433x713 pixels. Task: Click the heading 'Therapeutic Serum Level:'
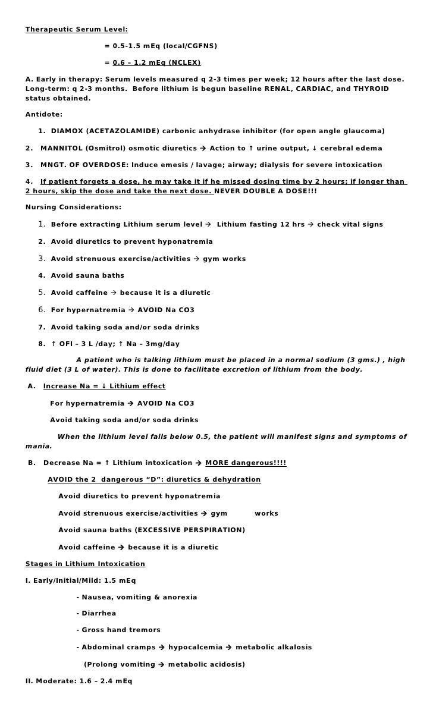pyautogui.click(x=76, y=29)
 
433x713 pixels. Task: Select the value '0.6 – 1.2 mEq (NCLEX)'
pyautogui.click(x=156, y=62)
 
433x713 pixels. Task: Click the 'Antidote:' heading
pyautogui.click(x=43, y=114)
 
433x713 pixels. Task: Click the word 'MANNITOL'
pyautogui.click(x=59, y=148)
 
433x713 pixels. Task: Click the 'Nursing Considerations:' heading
pyautogui.click(x=73, y=207)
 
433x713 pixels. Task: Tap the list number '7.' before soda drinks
pyautogui.click(x=42, y=327)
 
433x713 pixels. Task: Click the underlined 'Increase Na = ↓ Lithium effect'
pyautogui.click(x=104, y=386)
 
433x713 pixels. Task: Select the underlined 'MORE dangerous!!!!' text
pyautogui.click(x=246, y=463)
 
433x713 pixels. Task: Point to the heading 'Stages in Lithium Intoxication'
pyautogui.click(x=85, y=564)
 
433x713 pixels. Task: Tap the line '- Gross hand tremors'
pyautogui.click(x=118, y=630)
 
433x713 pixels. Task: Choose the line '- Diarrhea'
pyautogui.click(x=96, y=613)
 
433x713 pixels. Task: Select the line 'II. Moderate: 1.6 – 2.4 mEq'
pyautogui.click(x=79, y=681)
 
